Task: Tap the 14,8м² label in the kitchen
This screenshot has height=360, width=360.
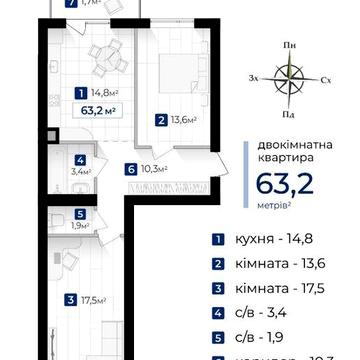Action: (x=98, y=96)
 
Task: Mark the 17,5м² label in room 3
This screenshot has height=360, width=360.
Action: (x=88, y=298)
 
